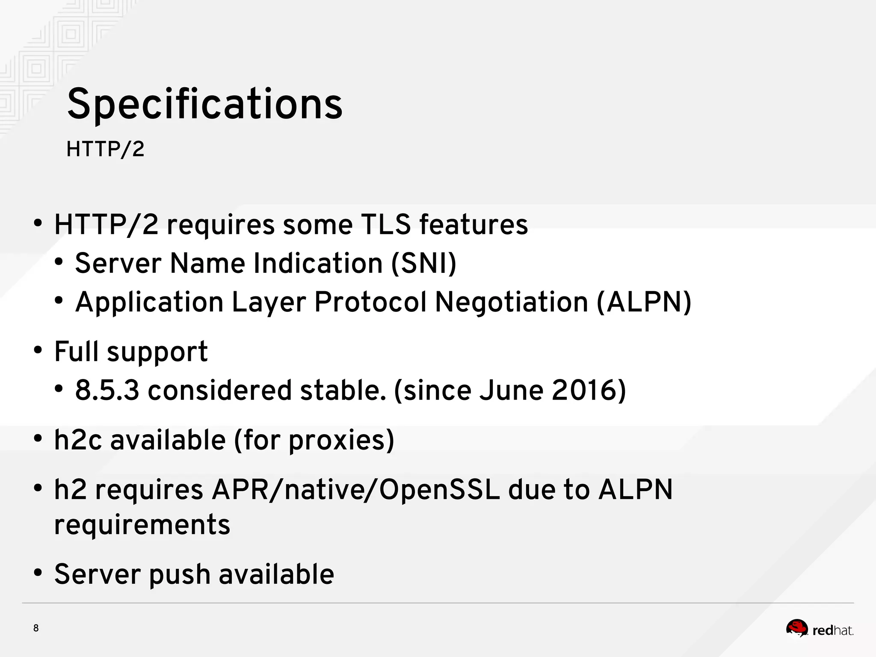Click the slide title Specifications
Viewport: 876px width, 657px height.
[x=204, y=104]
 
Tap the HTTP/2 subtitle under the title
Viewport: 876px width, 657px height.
[x=105, y=149]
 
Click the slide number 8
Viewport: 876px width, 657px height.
[x=36, y=628]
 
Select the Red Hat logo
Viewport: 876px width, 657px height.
[x=820, y=630]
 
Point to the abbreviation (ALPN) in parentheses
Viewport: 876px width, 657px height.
[x=644, y=302]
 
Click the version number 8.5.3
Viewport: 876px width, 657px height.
[x=107, y=390]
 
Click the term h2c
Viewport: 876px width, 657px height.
[x=78, y=440]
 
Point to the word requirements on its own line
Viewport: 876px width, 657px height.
[x=142, y=524]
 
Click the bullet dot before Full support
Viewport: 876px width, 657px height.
[x=38, y=351]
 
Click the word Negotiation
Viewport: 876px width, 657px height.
[x=511, y=302]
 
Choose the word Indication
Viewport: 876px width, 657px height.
[x=318, y=263]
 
